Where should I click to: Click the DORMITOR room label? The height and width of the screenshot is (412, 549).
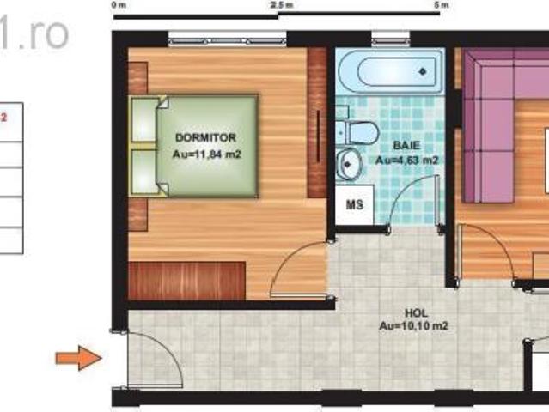[x=204, y=137]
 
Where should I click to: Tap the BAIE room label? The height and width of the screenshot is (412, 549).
[x=408, y=145]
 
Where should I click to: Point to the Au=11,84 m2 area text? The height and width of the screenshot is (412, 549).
[x=205, y=154]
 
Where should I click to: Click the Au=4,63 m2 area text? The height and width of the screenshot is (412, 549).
[x=408, y=161]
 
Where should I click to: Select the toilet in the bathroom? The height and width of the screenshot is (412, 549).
[x=359, y=131]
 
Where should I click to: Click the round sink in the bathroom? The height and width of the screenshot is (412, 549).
[x=349, y=162]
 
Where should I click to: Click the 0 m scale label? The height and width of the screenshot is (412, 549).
[x=119, y=5]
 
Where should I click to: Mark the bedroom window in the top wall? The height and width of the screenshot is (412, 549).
[x=227, y=37]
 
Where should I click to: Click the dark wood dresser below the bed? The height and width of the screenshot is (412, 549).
[x=187, y=281]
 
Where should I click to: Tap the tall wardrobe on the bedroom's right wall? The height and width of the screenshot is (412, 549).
[x=317, y=123]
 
